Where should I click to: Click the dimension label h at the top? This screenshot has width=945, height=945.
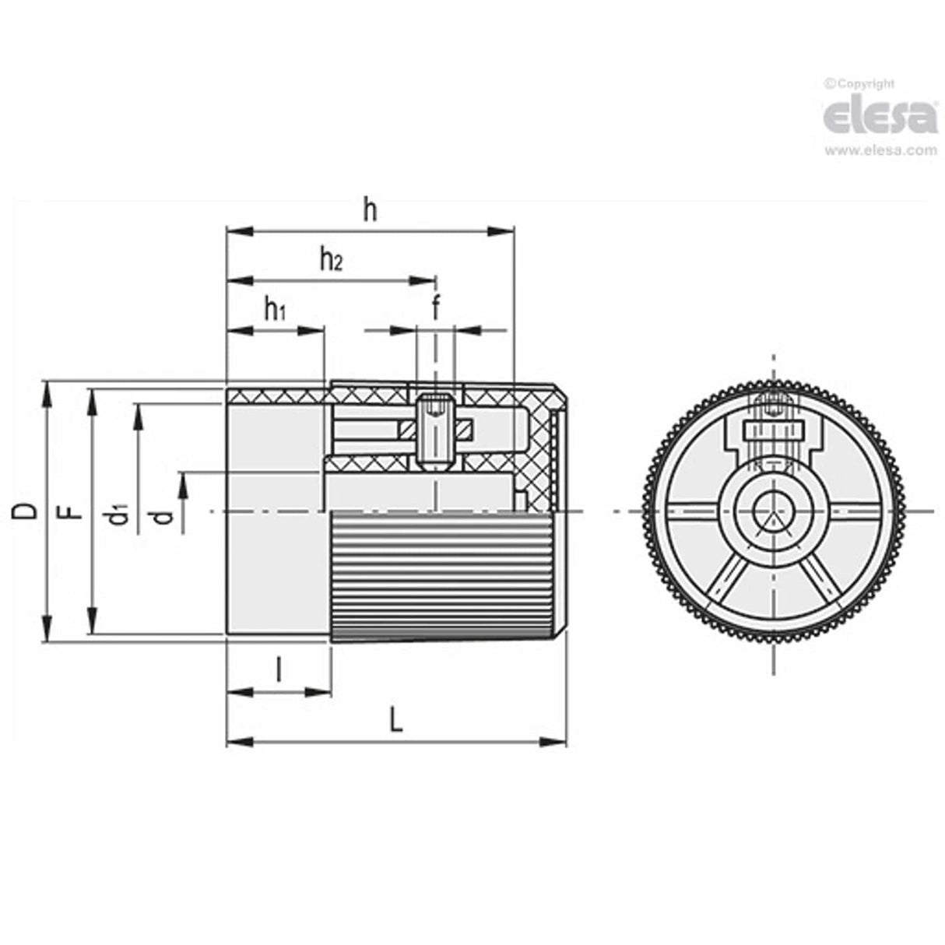point(371,210)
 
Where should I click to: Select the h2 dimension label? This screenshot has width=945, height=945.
point(332,259)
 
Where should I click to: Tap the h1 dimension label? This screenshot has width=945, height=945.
point(274,311)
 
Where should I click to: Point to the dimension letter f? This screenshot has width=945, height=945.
point(436,308)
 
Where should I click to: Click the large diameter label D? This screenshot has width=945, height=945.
point(26,511)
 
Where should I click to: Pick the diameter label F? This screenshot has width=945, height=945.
point(72,511)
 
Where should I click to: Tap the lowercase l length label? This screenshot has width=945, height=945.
point(279,669)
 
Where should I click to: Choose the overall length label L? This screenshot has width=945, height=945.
point(396,722)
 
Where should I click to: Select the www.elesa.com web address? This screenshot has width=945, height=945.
point(880,151)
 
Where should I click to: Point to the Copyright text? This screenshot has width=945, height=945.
point(859,84)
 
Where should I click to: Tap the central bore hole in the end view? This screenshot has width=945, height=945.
point(773,511)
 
